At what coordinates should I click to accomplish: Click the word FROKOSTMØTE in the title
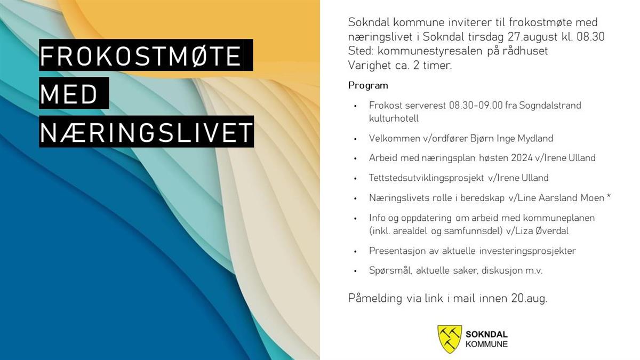141,55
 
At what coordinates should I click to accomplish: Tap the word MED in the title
69,94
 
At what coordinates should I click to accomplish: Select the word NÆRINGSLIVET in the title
147,132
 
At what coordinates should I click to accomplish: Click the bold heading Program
368,86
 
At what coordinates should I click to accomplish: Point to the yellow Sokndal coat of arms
450,339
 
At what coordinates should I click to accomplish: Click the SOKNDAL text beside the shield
486,334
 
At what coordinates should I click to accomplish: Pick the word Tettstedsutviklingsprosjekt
426,178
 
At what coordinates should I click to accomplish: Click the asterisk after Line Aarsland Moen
609,197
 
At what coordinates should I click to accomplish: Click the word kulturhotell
394,118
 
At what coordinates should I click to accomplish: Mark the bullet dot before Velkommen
355,139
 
